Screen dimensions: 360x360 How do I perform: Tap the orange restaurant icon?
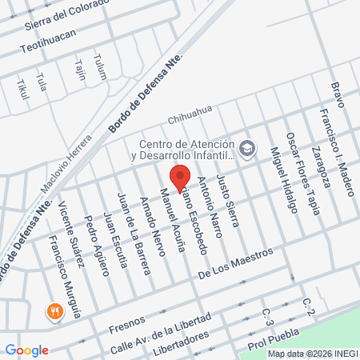[x=55, y=311]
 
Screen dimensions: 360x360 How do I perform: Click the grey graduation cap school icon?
[x=247, y=148]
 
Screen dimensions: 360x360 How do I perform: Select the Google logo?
[x=26, y=350]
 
